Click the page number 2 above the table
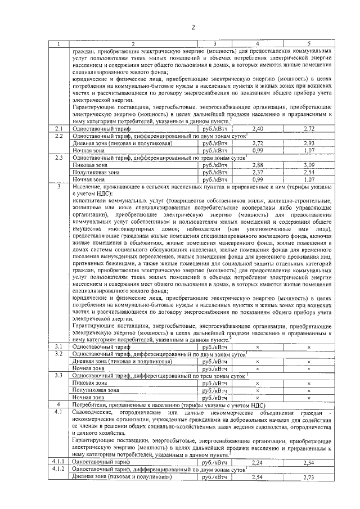pyautogui.click(x=180, y=28)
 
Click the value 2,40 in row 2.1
pyautogui.click(x=258, y=129)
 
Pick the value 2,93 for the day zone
pyautogui.click(x=309, y=143)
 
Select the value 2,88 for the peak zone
pyautogui.click(x=258, y=165)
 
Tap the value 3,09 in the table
pyautogui.click(x=309, y=165)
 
